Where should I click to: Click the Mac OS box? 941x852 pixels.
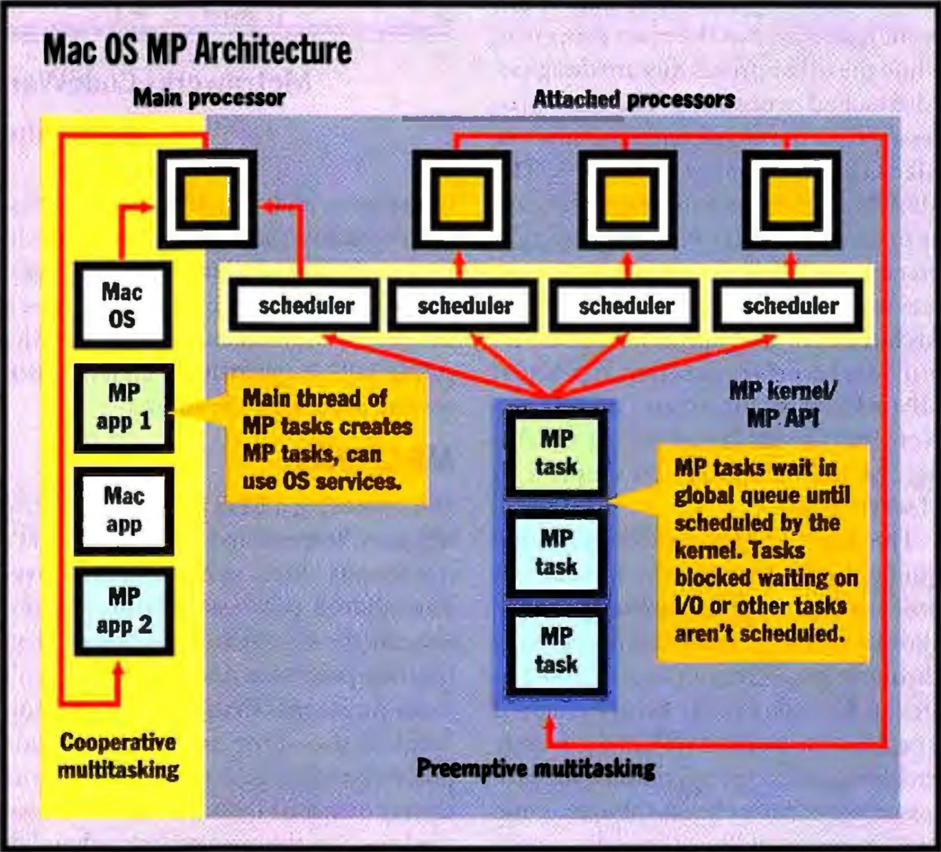(x=123, y=305)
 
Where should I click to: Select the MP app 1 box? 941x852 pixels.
(x=124, y=408)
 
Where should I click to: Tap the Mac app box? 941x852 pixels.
(x=124, y=511)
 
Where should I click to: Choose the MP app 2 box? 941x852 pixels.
(x=124, y=611)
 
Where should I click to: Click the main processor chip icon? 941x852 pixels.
(x=207, y=199)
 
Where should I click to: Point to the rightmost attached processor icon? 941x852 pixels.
(x=791, y=199)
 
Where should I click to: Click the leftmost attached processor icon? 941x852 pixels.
(x=461, y=199)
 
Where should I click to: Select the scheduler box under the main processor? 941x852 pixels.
(x=304, y=305)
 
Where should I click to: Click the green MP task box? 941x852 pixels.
(x=556, y=453)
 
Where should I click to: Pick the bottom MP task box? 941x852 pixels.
(x=556, y=651)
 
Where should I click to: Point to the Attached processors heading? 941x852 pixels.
(x=633, y=99)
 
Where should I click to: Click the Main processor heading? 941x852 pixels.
(x=209, y=97)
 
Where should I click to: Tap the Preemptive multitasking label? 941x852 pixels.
(x=536, y=768)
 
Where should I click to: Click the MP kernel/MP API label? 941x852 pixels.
(x=783, y=404)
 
